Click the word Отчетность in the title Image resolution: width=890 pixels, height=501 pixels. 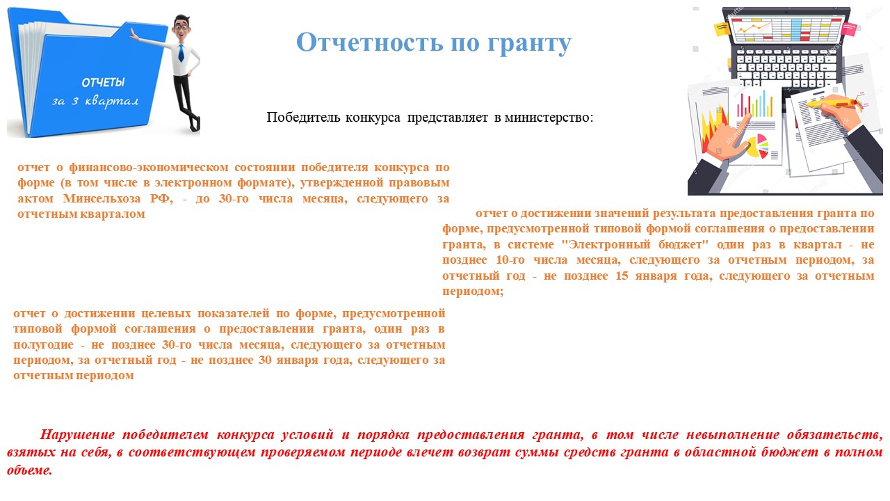click(x=369, y=42)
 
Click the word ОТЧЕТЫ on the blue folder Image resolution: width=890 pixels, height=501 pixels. click(x=103, y=83)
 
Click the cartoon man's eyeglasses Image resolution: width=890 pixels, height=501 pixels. click(x=181, y=27)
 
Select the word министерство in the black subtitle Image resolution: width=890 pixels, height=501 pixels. click(x=549, y=118)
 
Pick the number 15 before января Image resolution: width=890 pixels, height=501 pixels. click(x=622, y=276)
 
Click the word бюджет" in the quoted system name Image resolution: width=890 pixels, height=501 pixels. click(x=683, y=244)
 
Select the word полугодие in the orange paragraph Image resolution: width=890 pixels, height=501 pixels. click(x=43, y=344)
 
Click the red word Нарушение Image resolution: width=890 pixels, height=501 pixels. click(x=77, y=435)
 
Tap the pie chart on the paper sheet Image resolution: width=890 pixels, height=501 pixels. click(x=757, y=146)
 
